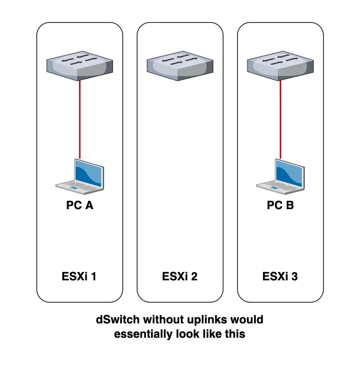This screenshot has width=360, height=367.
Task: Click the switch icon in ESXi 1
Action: coord(80,63)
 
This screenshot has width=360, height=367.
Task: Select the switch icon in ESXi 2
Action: coord(180,63)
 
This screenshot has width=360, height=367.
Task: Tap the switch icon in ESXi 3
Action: coord(280,63)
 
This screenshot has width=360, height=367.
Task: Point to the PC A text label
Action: coord(80,206)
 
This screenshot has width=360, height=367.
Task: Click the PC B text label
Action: coord(280,206)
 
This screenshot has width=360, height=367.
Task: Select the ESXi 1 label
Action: coord(80,276)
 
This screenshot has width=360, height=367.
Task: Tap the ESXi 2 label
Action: coord(180,276)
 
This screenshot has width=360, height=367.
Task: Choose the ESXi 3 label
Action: coord(280,276)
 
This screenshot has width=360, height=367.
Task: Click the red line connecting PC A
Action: coord(80,119)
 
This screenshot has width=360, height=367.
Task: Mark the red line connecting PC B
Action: coord(280,119)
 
